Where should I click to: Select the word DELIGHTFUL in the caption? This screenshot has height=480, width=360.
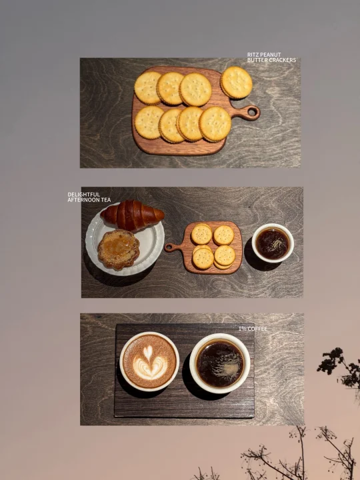[83, 195]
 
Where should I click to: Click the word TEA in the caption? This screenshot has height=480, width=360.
[105, 200]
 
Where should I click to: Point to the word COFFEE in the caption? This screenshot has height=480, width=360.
[257, 329]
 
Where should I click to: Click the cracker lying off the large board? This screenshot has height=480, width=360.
[237, 83]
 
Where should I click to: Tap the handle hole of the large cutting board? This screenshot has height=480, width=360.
[252, 112]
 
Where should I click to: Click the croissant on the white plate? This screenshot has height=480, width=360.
[132, 215]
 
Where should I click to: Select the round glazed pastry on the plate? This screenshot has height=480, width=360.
[119, 249]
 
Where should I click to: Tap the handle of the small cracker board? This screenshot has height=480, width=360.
[171, 247]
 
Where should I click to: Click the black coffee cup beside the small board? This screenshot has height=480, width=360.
[273, 243]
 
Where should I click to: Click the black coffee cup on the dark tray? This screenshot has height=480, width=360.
[220, 363]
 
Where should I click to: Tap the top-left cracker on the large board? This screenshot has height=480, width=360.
[148, 88]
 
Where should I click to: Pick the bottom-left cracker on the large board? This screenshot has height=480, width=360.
[149, 123]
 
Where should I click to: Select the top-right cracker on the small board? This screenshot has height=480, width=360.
[224, 235]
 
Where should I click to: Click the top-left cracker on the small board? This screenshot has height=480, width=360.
[202, 234]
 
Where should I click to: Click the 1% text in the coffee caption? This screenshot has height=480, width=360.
[243, 329]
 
